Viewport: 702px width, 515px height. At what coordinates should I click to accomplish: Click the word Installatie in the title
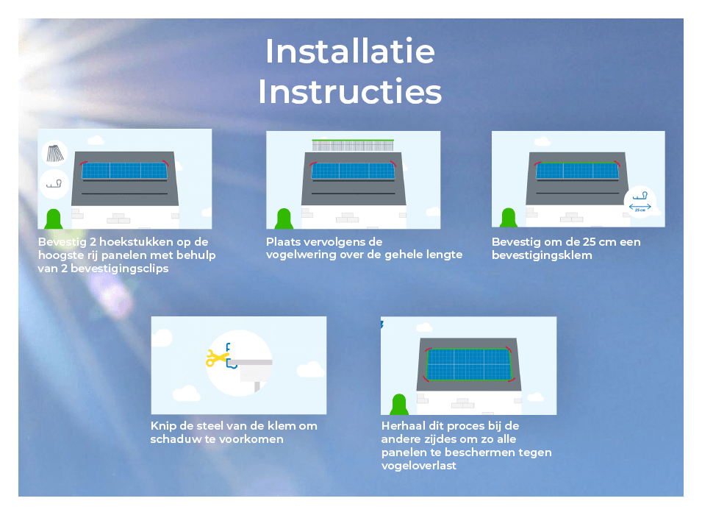pyautogui.click(x=350, y=51)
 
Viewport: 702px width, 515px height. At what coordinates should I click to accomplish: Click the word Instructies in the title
pyautogui.click(x=350, y=91)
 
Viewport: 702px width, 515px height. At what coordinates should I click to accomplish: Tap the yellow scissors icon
pyautogui.click(x=218, y=358)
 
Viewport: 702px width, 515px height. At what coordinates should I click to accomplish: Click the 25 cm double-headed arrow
pyautogui.click(x=640, y=207)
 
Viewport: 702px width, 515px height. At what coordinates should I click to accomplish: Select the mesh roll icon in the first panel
pyautogui.click(x=55, y=153)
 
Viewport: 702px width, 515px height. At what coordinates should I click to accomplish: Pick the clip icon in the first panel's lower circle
pyautogui.click(x=54, y=184)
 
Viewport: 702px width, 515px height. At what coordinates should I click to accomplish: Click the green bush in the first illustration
pyautogui.click(x=54, y=219)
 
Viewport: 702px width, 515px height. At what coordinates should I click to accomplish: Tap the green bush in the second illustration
pyautogui.click(x=284, y=219)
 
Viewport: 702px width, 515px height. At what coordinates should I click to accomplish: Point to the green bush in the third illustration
pyautogui.click(x=509, y=218)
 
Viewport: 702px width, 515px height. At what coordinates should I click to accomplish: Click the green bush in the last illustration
pyautogui.click(x=398, y=405)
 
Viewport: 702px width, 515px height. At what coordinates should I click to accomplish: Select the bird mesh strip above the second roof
pyautogui.click(x=353, y=145)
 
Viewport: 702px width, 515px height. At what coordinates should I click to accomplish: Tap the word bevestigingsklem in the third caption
pyautogui.click(x=542, y=255)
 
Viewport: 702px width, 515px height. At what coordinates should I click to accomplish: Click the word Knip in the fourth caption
pyautogui.click(x=161, y=426)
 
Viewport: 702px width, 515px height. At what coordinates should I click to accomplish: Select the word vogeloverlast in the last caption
pyautogui.click(x=418, y=466)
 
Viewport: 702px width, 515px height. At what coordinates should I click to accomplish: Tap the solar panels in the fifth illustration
pyautogui.click(x=469, y=364)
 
